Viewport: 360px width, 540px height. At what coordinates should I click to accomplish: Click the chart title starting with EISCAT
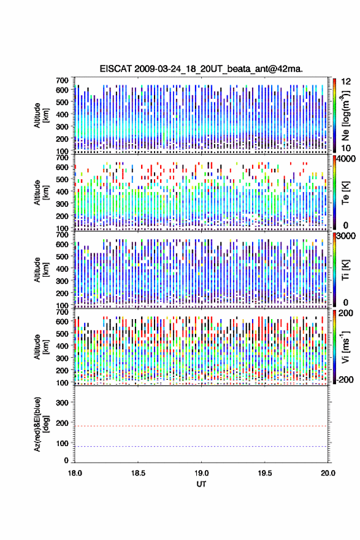(201, 69)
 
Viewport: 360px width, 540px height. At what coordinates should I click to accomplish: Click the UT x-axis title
(201, 484)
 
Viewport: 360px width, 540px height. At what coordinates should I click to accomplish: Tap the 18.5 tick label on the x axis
(137, 473)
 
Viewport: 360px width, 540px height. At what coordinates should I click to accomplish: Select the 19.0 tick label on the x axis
(201, 473)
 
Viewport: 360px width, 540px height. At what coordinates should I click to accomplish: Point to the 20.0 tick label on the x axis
(327, 473)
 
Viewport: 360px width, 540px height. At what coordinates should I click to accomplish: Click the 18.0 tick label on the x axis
(75, 473)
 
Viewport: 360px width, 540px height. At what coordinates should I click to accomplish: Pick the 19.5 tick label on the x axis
(265, 473)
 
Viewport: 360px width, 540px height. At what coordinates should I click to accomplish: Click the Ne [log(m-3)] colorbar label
(345, 115)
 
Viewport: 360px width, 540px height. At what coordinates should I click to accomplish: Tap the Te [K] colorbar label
(345, 193)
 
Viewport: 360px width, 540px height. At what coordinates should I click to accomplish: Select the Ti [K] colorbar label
(345, 270)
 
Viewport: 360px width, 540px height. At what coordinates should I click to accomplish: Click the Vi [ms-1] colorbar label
(345, 347)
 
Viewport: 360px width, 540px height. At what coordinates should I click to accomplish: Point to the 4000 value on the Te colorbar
(346, 159)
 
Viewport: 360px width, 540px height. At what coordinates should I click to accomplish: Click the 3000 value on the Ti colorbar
(346, 236)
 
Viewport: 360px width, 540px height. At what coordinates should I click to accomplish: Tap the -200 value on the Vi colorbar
(344, 379)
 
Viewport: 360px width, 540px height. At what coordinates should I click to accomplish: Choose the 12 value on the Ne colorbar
(346, 82)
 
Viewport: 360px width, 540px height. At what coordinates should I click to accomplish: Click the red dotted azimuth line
(201, 426)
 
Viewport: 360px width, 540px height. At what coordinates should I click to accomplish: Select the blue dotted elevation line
(201, 446)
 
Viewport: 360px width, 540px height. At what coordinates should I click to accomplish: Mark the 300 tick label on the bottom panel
(62, 403)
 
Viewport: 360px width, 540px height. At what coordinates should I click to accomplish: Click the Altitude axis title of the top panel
(41, 115)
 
